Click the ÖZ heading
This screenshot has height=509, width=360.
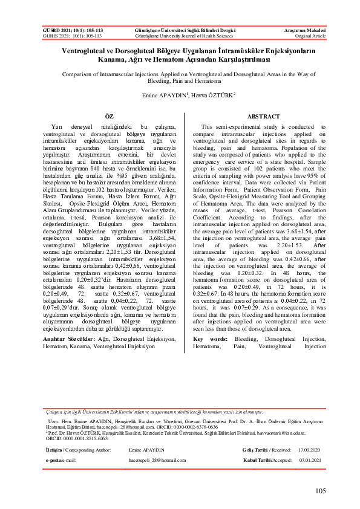[110, 115]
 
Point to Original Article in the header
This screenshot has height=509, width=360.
[310, 36]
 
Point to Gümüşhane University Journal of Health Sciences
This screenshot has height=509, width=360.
[179, 36]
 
